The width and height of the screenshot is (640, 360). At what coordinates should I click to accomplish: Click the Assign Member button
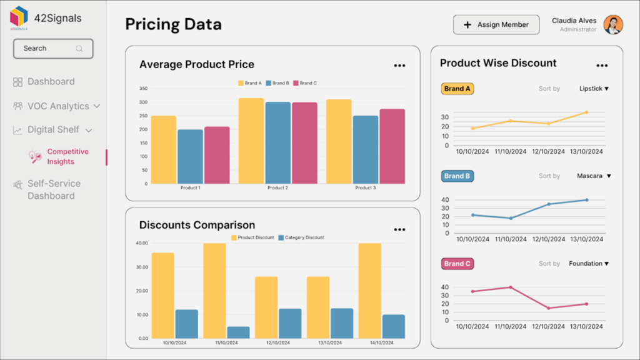click(x=496, y=25)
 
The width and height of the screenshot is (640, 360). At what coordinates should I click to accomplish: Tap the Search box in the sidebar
click(x=53, y=49)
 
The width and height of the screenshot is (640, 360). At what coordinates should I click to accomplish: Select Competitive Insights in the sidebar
click(x=67, y=157)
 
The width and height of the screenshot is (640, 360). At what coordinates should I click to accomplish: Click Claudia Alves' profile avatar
click(x=612, y=25)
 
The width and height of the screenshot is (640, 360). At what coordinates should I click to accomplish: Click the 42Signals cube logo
click(x=19, y=17)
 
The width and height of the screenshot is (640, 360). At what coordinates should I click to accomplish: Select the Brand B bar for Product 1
click(x=190, y=156)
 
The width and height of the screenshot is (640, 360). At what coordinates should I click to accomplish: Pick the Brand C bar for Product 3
click(x=392, y=146)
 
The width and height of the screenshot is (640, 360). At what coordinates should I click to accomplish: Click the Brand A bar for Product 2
click(x=251, y=141)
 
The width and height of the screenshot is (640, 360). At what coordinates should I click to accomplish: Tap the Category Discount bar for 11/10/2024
click(x=238, y=332)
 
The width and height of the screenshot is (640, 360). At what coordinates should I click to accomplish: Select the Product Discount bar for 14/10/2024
click(x=369, y=291)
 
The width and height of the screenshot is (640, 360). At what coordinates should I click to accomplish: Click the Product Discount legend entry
click(x=252, y=237)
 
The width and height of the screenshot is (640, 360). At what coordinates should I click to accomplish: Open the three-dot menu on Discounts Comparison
click(x=399, y=229)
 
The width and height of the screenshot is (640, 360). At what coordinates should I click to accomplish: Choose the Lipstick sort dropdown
click(x=593, y=89)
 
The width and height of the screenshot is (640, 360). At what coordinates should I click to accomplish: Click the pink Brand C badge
click(x=457, y=264)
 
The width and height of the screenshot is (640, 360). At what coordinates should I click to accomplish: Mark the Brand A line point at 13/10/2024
click(x=586, y=112)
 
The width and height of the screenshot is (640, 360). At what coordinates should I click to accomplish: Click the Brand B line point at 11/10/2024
click(x=511, y=218)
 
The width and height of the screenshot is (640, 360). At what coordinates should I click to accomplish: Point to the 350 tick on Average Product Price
click(x=143, y=89)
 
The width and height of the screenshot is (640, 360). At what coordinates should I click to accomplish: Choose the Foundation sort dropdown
click(x=588, y=264)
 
